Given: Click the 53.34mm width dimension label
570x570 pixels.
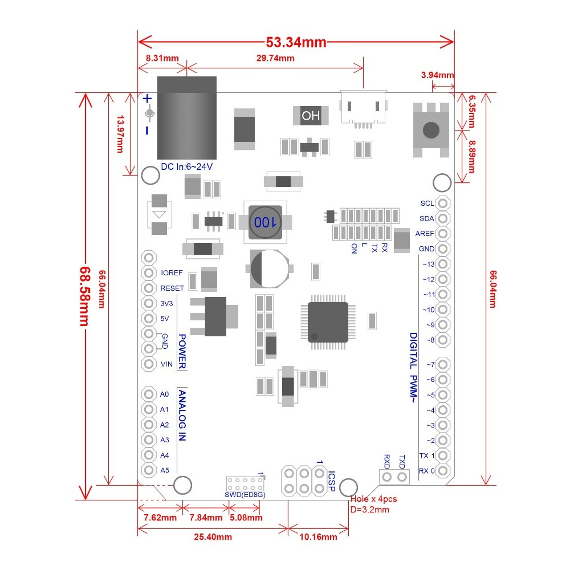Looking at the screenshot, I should coord(296,42).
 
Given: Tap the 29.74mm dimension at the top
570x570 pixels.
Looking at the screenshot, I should coord(275,58).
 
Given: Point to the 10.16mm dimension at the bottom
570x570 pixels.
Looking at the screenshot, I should coord(317,536).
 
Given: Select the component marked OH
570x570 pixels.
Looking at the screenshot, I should coord(311,116).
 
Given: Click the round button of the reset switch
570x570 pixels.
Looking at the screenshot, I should coord(431,130).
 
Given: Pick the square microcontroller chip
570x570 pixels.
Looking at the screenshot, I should coord(328,322).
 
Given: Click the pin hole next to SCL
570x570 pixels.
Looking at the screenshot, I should coord(443,203).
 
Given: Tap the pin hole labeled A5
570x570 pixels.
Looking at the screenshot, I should coord(149,470).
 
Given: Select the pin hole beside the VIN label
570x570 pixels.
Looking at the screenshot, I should coord(149,364).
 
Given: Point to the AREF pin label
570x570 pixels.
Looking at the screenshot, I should coord(425,234).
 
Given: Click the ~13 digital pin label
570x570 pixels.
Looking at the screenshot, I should coord(428,264).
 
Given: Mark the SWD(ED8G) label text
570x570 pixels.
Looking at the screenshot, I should coord(245,495).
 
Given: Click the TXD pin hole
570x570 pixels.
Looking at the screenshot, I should coord(402,477).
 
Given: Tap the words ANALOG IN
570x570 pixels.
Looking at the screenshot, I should coord(182,416).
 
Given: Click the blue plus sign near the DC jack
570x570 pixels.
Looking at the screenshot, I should coord(148,98).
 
